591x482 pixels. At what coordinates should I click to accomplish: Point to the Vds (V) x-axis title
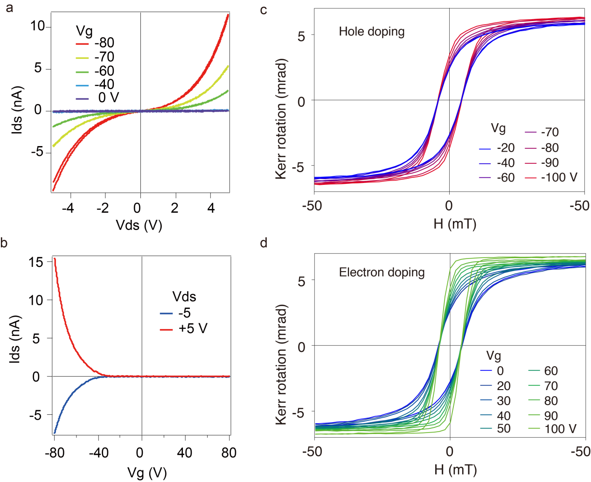[139, 225]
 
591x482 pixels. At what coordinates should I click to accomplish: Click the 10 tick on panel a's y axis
[38, 26]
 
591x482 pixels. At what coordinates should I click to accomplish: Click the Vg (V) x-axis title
[147, 473]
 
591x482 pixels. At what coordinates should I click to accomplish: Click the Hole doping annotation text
[372, 32]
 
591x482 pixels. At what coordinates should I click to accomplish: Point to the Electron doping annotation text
[382, 272]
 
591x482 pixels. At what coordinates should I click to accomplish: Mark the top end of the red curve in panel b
[55, 258]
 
